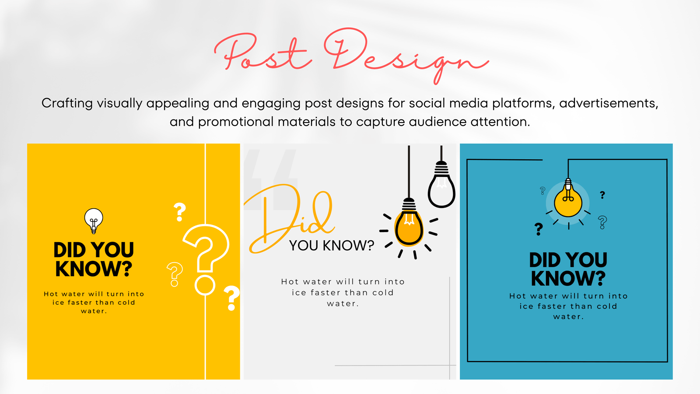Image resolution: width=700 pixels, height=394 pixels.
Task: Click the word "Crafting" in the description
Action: pos(67,103)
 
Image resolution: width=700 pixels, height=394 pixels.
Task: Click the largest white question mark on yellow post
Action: pos(206,260)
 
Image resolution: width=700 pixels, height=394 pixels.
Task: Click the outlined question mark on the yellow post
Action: pos(175,274)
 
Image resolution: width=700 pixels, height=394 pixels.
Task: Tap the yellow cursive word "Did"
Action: pos(289,219)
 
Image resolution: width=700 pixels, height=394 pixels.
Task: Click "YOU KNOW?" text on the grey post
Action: pos(332,246)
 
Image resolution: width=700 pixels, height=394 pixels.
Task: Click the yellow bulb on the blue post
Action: pos(568,200)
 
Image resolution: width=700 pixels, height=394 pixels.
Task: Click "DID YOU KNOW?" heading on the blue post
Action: pos(568,269)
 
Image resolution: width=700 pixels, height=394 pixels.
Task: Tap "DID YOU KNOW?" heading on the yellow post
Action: pos(94,259)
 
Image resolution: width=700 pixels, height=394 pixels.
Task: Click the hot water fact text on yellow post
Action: pos(94,303)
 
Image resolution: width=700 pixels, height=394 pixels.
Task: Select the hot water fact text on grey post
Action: pos(343,292)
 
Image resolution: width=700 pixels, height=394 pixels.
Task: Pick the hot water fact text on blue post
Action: pos(568,306)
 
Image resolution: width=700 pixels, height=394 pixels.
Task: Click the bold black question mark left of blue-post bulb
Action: pos(539,229)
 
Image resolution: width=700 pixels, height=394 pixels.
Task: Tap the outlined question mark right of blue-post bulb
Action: pos(602,222)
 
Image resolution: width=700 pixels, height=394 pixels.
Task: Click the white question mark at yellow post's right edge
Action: pos(232,298)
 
